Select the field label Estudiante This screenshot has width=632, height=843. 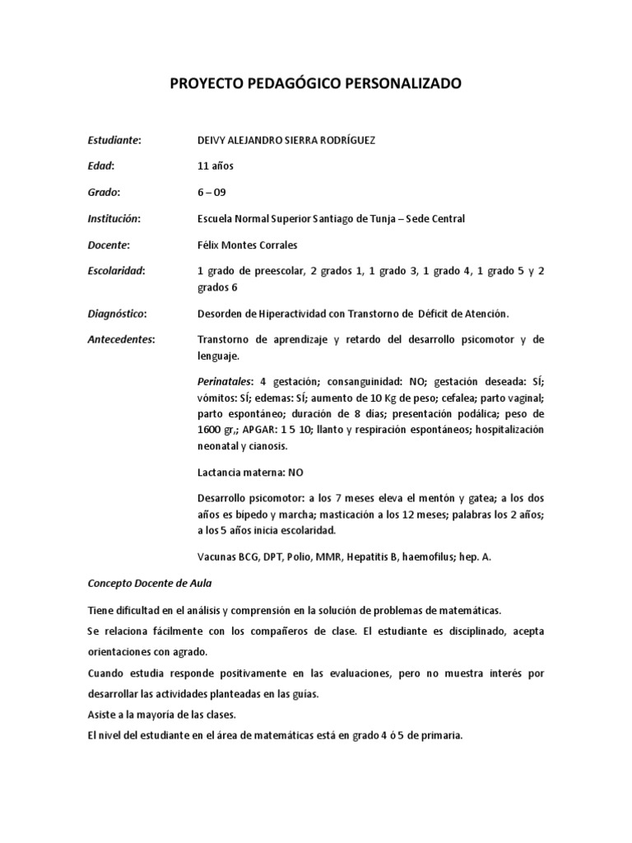coord(114,140)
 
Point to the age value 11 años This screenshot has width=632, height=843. coord(216,166)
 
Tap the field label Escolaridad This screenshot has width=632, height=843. coord(116,271)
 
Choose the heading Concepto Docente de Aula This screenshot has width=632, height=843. coord(149,583)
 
